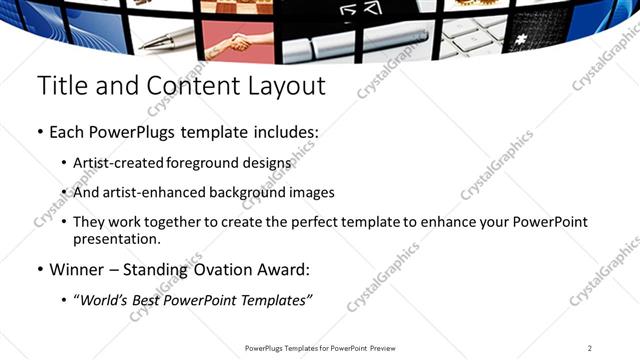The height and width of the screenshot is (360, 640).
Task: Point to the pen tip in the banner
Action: click(x=146, y=43)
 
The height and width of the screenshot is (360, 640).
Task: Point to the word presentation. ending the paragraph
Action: click(x=114, y=240)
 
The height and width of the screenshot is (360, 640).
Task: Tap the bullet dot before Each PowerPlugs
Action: click(x=40, y=132)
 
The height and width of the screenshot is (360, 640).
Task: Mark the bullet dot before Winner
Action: click(x=40, y=270)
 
